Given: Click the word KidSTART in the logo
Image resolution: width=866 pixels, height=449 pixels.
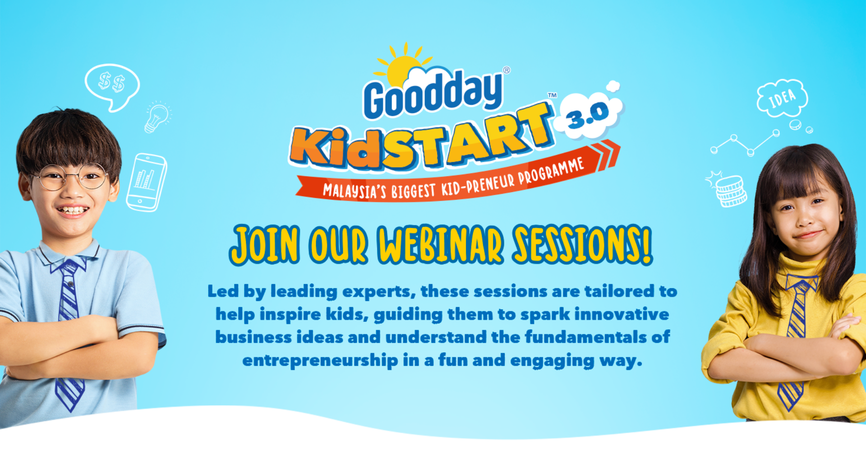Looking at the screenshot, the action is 422,138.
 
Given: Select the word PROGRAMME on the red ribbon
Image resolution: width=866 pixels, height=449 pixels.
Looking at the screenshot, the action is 551,172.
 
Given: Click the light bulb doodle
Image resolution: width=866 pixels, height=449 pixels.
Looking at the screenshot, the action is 157,117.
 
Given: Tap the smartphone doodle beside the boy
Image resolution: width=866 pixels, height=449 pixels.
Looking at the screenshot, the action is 146,182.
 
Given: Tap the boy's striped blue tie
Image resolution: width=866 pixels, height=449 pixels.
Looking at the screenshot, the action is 69,334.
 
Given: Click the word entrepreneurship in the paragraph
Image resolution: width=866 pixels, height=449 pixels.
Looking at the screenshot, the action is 320,361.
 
